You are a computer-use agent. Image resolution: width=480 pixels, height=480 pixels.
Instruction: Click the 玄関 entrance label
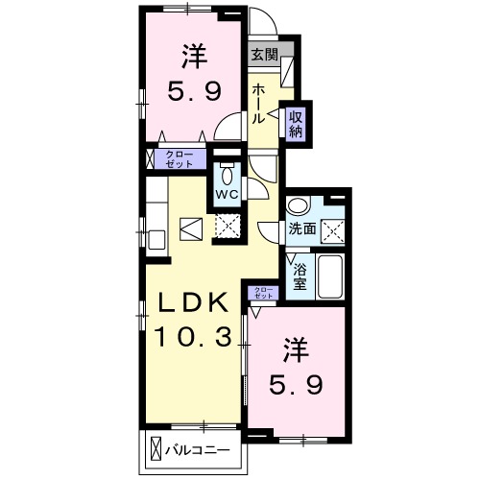tap(264, 54)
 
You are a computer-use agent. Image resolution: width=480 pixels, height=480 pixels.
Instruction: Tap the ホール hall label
tap(258, 105)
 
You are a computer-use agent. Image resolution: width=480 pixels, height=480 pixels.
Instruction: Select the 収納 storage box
tap(296, 124)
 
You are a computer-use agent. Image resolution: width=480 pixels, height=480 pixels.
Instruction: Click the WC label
tap(228, 194)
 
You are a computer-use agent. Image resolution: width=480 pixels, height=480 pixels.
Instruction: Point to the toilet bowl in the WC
tap(227, 175)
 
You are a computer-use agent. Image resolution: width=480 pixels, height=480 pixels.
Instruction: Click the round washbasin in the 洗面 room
tap(298, 205)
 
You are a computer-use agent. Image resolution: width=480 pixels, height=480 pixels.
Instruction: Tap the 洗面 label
tap(302, 228)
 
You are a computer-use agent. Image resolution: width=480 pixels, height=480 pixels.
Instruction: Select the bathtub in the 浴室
tap(329, 276)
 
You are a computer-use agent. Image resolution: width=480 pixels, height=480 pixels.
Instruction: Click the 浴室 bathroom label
tap(300, 276)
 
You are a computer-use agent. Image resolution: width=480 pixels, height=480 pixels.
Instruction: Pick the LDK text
tap(194, 302)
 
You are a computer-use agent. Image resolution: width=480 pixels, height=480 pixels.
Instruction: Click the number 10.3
tap(194, 337)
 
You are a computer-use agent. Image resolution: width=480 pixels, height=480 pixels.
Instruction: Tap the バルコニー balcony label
tap(198, 451)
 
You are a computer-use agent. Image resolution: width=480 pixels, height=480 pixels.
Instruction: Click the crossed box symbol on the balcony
tap(156, 449)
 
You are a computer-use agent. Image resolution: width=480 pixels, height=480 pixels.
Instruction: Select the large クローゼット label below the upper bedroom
tap(180, 159)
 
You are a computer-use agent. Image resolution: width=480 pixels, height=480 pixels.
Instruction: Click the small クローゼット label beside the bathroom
tap(263, 293)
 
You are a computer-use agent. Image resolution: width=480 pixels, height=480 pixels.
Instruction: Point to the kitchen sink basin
tap(156, 240)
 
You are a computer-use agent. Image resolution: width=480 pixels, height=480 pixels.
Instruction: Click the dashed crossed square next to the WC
tap(228, 226)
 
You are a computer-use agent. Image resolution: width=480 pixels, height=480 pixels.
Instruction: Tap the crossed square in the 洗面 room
tap(333, 231)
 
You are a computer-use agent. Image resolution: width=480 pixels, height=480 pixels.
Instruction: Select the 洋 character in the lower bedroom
tap(296, 349)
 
